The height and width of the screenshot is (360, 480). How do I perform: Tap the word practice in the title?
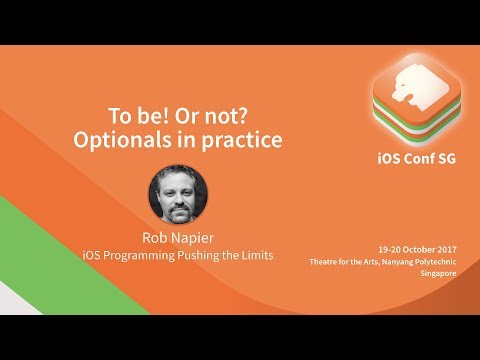pos(239,140)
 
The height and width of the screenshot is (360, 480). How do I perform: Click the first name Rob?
pos(154,237)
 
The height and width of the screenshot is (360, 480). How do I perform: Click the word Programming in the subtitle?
pos(149,256)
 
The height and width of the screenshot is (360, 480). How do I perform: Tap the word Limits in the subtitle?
pos(253,256)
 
